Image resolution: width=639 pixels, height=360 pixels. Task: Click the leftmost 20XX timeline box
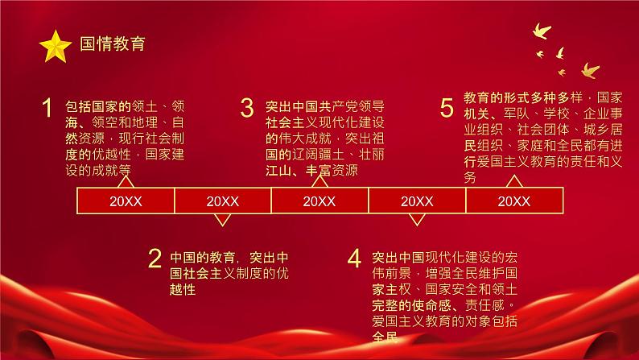pyautogui.click(x=126, y=201)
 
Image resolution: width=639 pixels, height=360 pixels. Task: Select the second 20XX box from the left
pyautogui.click(x=222, y=201)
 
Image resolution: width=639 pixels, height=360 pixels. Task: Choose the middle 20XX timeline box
pyautogui.click(x=319, y=201)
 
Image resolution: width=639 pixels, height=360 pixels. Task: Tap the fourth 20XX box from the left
pyautogui.click(x=416, y=201)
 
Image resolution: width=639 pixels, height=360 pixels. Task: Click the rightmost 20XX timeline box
pyautogui.click(x=513, y=201)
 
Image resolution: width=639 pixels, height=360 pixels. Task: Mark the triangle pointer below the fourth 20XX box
pyautogui.click(x=416, y=219)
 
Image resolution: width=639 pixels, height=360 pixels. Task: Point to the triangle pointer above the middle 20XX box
pyautogui.click(x=319, y=183)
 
